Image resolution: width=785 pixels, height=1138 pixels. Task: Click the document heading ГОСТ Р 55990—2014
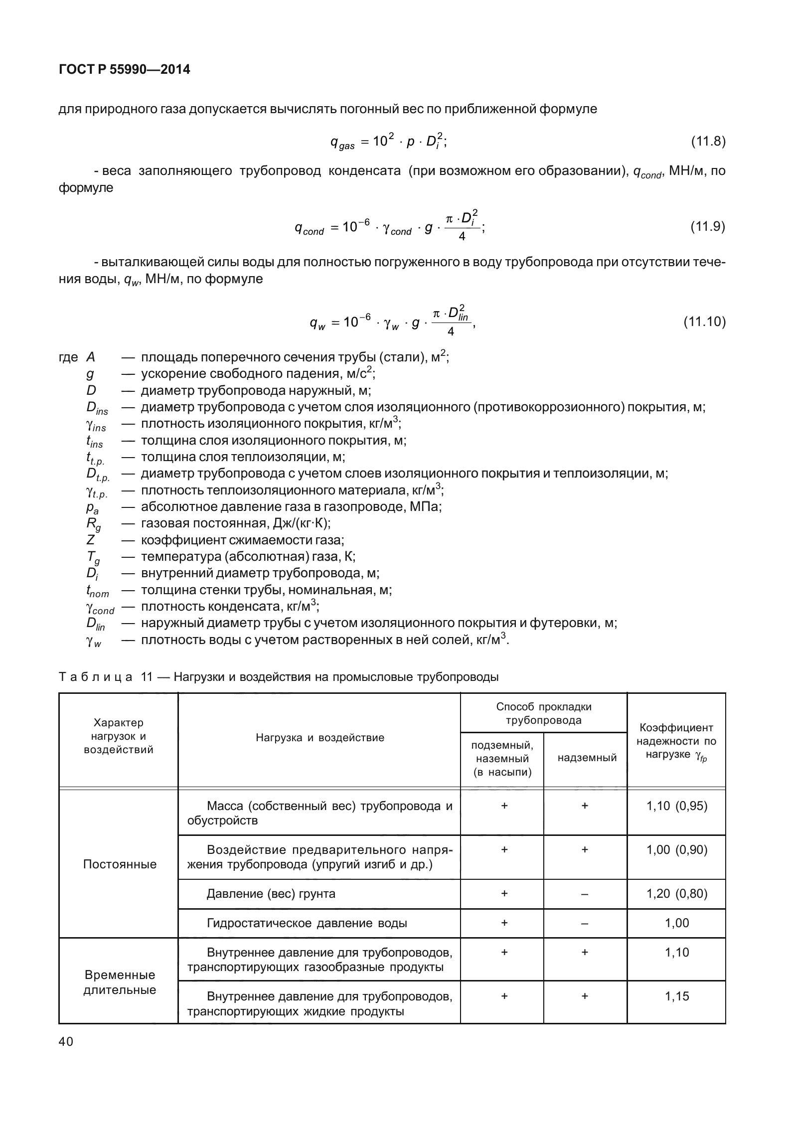click(x=124, y=70)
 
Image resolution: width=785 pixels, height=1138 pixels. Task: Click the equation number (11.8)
click(x=707, y=142)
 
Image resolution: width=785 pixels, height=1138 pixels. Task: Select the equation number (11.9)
click(x=707, y=227)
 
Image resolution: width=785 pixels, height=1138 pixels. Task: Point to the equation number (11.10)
click(x=704, y=322)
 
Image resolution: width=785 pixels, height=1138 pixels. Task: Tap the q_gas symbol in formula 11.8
click(x=342, y=144)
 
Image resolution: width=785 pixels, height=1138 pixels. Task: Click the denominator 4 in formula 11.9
click(x=462, y=237)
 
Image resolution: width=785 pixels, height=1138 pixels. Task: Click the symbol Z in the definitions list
click(x=91, y=540)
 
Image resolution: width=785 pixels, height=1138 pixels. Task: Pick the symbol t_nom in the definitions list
click(x=97, y=591)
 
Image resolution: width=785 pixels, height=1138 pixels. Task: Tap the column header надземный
click(x=587, y=758)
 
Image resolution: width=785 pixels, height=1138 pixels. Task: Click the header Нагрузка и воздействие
click(x=320, y=738)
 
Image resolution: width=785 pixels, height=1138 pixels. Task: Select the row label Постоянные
click(x=120, y=864)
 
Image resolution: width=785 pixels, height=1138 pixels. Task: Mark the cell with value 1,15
click(x=677, y=996)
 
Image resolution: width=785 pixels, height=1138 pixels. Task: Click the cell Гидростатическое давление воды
click(x=307, y=923)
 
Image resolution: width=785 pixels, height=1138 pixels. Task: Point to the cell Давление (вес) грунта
click(x=271, y=894)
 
